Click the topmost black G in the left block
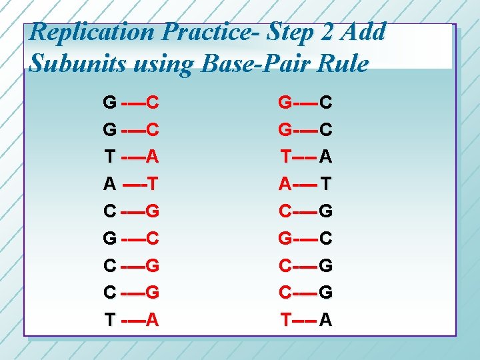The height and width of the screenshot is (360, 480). (x=109, y=103)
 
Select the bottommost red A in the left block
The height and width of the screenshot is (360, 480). (x=152, y=320)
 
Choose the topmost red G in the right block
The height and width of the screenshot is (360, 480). (x=285, y=103)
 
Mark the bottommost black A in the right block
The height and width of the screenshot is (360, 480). (x=327, y=320)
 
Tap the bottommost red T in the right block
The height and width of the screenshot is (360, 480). (x=285, y=320)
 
